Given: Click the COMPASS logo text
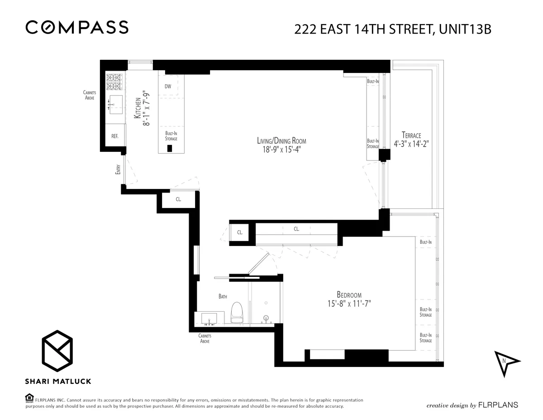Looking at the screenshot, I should [x=77, y=28].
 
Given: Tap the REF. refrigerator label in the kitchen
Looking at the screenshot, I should [x=115, y=136].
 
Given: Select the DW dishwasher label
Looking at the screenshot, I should [x=168, y=86].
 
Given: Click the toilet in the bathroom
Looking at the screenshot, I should [x=237, y=313].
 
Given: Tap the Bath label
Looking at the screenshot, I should [x=223, y=296].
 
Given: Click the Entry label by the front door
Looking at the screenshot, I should [x=118, y=169].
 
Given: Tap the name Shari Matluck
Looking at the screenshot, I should [x=58, y=381].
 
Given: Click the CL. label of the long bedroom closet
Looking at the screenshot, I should [x=296, y=229].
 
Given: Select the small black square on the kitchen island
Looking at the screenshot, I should [x=170, y=148].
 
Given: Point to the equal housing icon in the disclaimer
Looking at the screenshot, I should [x=29, y=398].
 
